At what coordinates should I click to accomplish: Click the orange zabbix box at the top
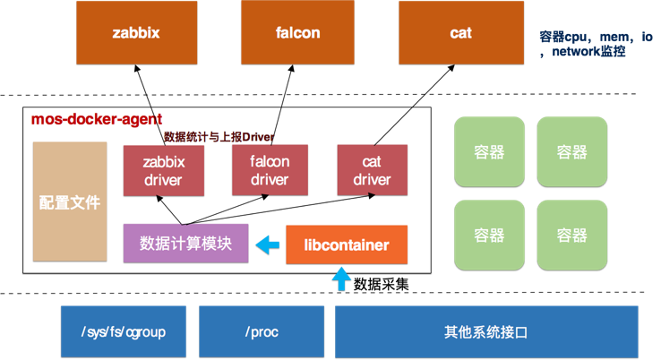(136, 32)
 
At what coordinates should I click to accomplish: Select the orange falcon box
(297, 32)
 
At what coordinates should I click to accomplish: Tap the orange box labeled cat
(460, 32)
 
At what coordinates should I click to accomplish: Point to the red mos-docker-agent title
(97, 119)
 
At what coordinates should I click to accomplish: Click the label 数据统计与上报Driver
(219, 137)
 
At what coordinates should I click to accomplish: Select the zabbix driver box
(163, 170)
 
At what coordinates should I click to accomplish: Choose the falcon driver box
(270, 170)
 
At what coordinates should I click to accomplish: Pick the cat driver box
(372, 170)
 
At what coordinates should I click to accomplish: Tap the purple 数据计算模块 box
(185, 243)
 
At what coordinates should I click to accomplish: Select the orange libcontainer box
(346, 244)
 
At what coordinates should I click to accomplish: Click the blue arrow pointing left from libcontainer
(267, 244)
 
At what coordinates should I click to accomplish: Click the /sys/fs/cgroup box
(123, 331)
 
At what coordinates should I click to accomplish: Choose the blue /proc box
(261, 331)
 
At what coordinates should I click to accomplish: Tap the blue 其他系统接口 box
(486, 331)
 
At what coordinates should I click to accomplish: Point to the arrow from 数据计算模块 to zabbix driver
(175, 210)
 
